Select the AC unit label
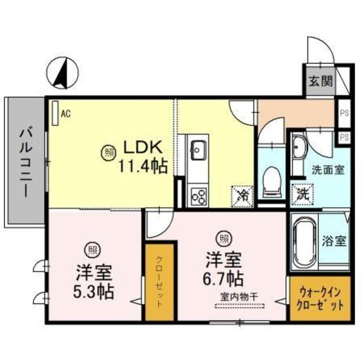65,113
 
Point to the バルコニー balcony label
24,161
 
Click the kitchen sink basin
199,150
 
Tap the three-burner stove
199,196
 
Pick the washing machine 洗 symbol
302,194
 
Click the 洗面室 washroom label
327,170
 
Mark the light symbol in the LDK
109,151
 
